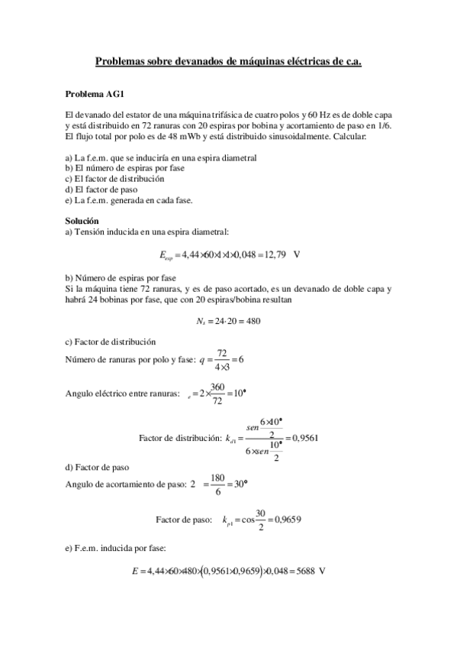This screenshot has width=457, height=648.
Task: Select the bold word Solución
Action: click(82, 221)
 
